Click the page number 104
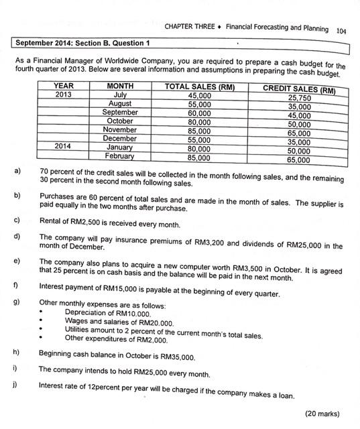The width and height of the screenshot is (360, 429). tap(341, 29)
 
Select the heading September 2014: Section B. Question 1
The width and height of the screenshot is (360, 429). tap(82, 44)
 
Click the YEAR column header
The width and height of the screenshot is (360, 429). tap(63, 86)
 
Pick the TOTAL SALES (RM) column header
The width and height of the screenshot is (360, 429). tap(199, 86)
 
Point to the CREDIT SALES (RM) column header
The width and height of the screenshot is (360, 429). tap(299, 90)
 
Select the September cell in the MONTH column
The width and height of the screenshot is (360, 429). tap(120, 113)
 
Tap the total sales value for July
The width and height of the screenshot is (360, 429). tap(199, 96)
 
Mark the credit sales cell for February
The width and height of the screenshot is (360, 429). tap(299, 160)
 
